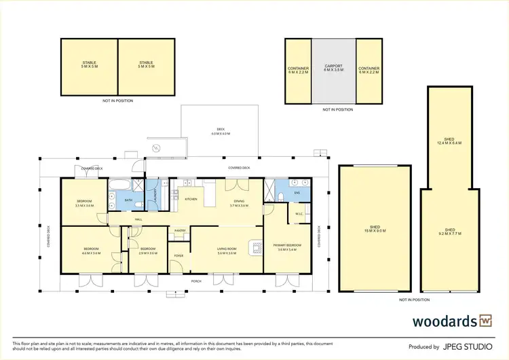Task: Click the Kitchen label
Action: pyautogui.click(x=191, y=199)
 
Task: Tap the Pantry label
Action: pyautogui.click(x=180, y=231)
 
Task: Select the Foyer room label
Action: pyautogui.click(x=178, y=255)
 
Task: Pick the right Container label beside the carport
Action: pyautogui.click(x=369, y=68)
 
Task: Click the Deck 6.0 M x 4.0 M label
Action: pyautogui.click(x=221, y=132)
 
